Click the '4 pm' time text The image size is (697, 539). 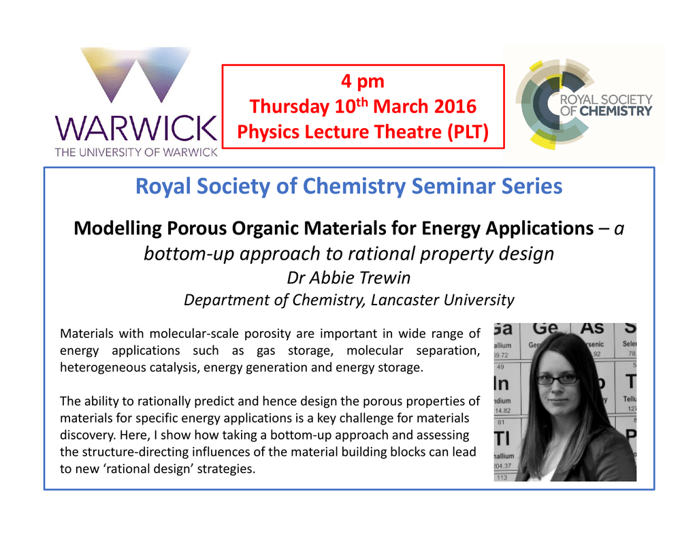click(363, 82)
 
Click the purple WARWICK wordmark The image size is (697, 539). click(136, 129)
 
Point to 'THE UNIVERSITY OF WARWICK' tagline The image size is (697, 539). click(136, 152)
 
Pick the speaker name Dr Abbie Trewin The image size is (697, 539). click(348, 278)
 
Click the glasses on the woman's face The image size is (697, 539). click(557, 380)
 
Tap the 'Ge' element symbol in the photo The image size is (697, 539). click(545, 328)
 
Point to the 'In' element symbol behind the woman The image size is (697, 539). click(502, 384)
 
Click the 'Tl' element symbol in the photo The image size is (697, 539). click(502, 439)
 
